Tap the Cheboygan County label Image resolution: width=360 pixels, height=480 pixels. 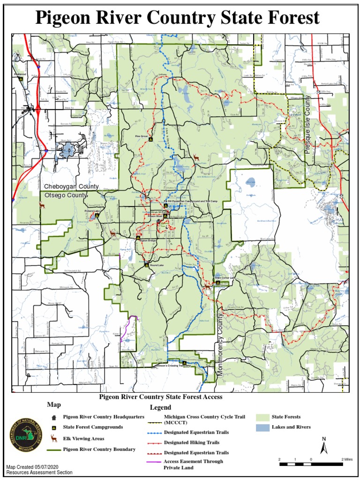pyautogui.click(x=71, y=187)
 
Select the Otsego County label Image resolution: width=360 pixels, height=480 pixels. pyautogui.click(x=66, y=195)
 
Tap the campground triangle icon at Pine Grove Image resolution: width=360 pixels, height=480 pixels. pyautogui.click(x=150, y=140)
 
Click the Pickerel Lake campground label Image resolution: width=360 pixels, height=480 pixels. pyautogui.click(x=92, y=211)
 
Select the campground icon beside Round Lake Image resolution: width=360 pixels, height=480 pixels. pyautogui.click(x=146, y=265)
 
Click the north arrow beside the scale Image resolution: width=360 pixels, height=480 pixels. pyautogui.click(x=323, y=445)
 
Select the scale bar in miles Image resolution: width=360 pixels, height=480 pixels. pyautogui.click(x=311, y=464)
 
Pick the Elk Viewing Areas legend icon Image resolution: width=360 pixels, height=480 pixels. pyautogui.click(x=54, y=438)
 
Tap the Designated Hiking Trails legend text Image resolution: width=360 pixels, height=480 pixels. pyautogui.click(x=192, y=442)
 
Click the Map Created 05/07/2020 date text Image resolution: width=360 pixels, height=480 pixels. pyautogui.click(x=32, y=467)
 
